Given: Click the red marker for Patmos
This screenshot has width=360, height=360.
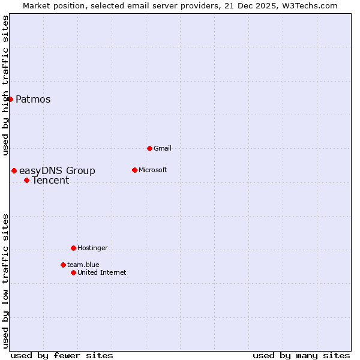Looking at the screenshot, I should [10, 99].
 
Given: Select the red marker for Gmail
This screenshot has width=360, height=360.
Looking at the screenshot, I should [149, 148].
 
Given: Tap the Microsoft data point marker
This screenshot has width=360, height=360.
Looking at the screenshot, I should [134, 170].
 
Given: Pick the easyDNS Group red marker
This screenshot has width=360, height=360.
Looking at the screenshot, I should [14, 171].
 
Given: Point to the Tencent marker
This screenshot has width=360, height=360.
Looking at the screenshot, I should [26, 181].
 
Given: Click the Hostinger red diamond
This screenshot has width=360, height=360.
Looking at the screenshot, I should [73, 248].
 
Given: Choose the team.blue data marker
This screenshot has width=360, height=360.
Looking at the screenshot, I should [63, 265].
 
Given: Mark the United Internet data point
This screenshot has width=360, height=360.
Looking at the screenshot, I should [73, 272].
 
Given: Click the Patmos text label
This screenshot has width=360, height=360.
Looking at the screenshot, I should [33, 100].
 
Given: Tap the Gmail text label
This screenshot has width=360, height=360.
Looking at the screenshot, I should [163, 148].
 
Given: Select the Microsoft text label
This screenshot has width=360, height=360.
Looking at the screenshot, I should [152, 170].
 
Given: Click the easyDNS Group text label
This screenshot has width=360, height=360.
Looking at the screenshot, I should [57, 171].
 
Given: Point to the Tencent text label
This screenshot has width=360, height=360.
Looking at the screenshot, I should [50, 181].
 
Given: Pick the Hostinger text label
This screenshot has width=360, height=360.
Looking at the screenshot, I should [92, 248].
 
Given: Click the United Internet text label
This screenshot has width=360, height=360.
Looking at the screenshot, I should [102, 272].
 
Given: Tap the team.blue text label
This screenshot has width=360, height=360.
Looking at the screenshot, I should [83, 265].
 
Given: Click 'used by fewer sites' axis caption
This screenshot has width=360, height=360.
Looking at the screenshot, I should [62, 355].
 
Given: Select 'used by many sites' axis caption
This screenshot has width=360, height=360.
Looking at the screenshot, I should [301, 355].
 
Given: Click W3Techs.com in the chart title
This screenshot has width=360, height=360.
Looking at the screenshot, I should [310, 5].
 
